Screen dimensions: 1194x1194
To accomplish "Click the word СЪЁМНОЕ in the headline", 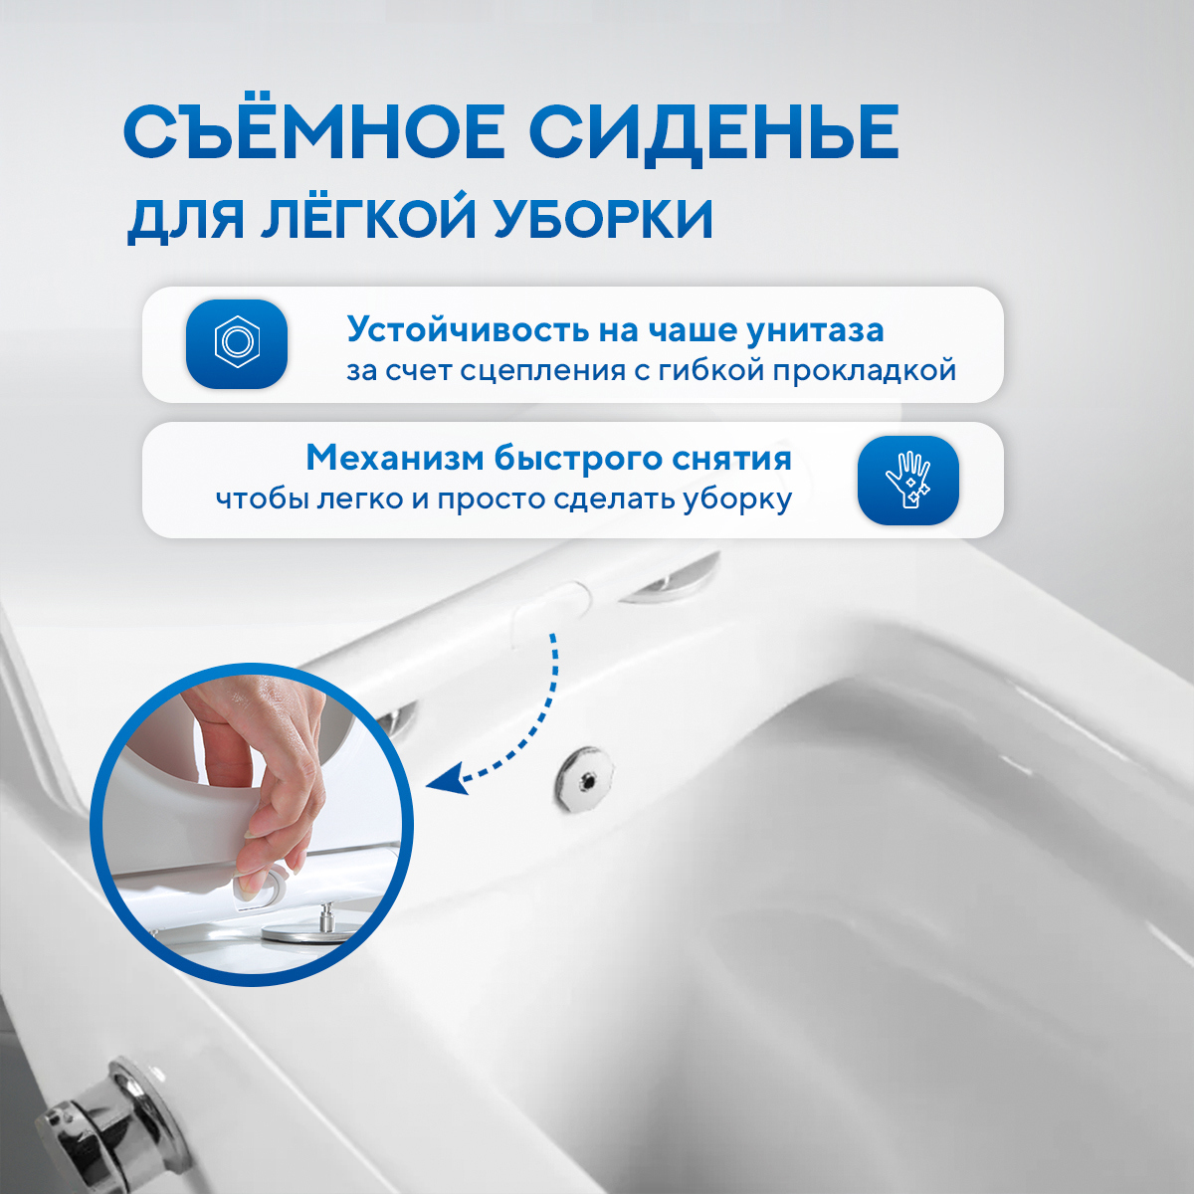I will [314, 132].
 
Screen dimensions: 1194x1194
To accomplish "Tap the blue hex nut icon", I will [237, 343].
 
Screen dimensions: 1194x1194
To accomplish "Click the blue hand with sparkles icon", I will [907, 480].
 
